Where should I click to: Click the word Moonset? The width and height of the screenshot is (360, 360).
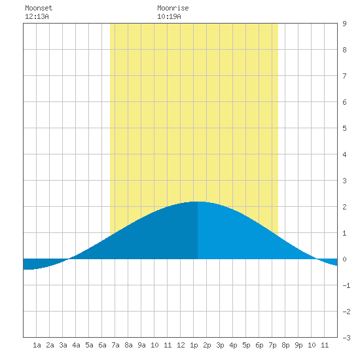click(x=39, y=8)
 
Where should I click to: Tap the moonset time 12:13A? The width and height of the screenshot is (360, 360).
click(x=37, y=16)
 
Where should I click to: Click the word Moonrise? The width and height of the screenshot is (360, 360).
click(x=173, y=8)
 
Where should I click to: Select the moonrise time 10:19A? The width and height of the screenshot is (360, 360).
click(x=169, y=16)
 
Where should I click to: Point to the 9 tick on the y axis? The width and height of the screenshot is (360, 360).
click(x=344, y=24)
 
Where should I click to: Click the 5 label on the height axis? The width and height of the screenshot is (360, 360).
click(x=344, y=128)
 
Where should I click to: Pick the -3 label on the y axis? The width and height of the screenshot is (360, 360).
click(x=346, y=338)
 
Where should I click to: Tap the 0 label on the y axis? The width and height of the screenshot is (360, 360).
click(x=344, y=259)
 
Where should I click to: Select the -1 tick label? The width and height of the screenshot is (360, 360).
click(x=346, y=285)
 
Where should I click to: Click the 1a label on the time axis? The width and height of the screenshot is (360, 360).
click(x=37, y=345)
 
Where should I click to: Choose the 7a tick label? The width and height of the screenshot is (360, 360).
click(x=115, y=345)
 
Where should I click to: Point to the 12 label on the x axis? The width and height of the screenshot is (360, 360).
click(x=181, y=345)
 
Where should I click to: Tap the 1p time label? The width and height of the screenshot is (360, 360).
click(x=194, y=345)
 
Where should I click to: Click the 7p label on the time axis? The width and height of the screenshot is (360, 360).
click(x=272, y=345)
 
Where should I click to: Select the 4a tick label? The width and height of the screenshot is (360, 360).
click(x=76, y=345)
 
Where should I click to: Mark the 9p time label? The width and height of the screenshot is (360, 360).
click(x=298, y=345)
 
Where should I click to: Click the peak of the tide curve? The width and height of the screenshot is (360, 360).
click(x=198, y=202)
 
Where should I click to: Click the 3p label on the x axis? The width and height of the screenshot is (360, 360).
click(x=220, y=345)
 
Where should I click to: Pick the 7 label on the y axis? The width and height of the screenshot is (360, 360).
click(x=344, y=76)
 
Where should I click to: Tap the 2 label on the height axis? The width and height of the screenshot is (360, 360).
click(x=344, y=207)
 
